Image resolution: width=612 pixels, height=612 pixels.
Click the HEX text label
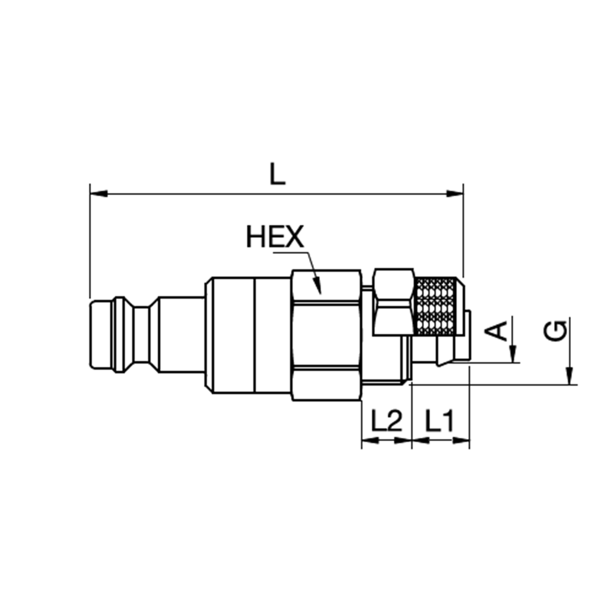pos(275,237)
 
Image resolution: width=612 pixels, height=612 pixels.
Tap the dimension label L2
pos(386,421)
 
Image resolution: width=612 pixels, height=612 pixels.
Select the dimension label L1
pos(440,421)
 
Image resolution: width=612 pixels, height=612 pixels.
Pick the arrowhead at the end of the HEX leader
pos(318,287)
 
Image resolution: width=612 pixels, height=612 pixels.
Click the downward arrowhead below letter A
pos(514,356)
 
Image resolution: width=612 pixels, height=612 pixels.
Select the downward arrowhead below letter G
pos(570,377)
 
